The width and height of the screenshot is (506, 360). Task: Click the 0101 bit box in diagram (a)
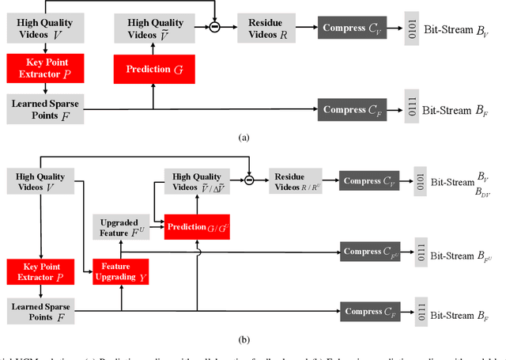pyautogui.click(x=410, y=29)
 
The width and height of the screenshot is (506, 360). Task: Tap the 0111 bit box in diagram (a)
pyautogui.click(x=410, y=109)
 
